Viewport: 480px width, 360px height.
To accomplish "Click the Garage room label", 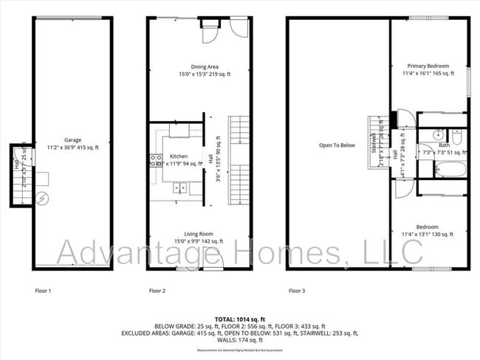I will point(72,140).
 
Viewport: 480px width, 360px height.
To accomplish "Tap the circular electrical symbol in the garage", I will point(42,198).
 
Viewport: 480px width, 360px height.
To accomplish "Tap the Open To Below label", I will point(337,145).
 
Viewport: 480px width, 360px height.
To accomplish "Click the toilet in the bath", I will point(456,138).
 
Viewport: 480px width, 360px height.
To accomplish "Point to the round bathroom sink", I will point(438,135).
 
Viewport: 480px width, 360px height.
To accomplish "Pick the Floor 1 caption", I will point(43,290).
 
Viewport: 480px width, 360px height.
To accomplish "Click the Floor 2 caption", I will point(157,290).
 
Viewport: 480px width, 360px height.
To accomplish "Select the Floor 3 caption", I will point(296,290).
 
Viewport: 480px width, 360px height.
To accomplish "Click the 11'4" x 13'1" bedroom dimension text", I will point(428,235).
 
